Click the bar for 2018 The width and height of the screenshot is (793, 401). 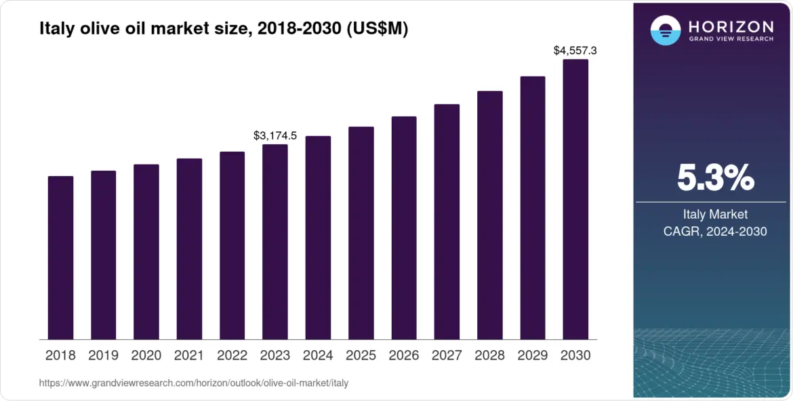60,257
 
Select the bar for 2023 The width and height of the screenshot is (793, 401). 275,242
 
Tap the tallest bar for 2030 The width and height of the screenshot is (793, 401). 575,199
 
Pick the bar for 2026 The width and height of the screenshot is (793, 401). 404,228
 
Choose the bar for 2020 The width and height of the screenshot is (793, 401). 146,251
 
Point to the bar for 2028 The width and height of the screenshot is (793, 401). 490,215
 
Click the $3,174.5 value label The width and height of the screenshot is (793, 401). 275,135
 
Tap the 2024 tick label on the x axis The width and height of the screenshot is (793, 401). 318,356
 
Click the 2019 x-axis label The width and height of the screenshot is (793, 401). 104,356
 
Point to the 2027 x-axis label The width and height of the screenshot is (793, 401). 447,356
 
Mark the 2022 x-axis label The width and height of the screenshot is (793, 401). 232,356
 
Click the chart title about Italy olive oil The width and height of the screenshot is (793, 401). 224,29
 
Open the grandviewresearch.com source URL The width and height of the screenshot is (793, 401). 194,383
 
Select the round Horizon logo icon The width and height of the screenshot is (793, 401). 665,30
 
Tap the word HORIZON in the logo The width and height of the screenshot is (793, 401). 731,26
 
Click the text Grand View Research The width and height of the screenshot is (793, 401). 731,39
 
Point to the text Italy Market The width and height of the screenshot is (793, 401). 715,215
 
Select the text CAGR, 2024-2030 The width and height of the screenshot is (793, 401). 715,232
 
